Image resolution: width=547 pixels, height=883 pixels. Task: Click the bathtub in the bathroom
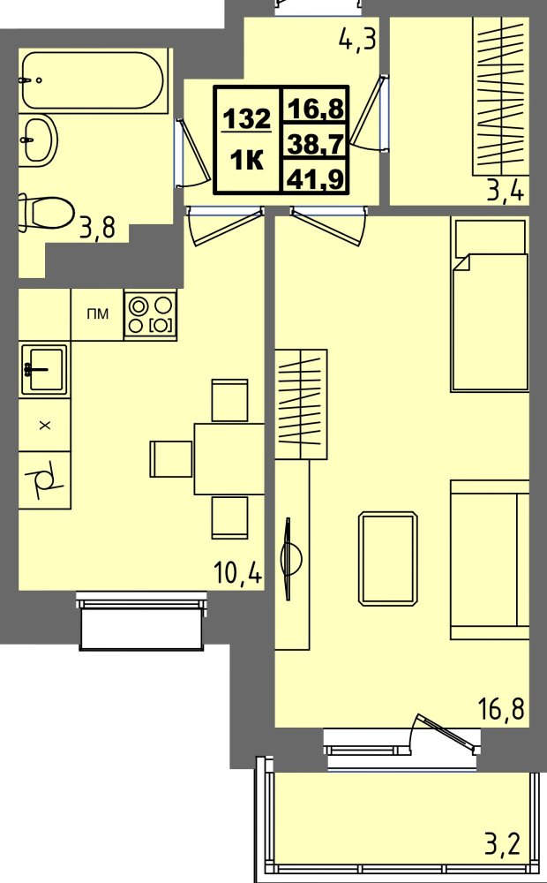[93, 79]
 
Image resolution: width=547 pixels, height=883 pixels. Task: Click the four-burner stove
[150, 315]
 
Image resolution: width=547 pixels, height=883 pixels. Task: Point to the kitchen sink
[42, 368]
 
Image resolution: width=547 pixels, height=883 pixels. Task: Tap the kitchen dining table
[229, 458]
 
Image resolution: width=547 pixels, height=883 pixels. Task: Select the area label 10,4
[238, 575]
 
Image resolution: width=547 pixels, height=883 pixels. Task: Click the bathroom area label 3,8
[98, 229]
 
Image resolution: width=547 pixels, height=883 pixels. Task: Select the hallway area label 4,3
[358, 41]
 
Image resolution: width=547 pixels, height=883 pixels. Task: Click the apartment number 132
[246, 119]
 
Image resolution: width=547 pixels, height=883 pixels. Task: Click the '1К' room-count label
[246, 161]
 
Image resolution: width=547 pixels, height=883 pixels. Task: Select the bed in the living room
[490, 305]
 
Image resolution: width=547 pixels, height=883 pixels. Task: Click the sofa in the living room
[490, 559]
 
